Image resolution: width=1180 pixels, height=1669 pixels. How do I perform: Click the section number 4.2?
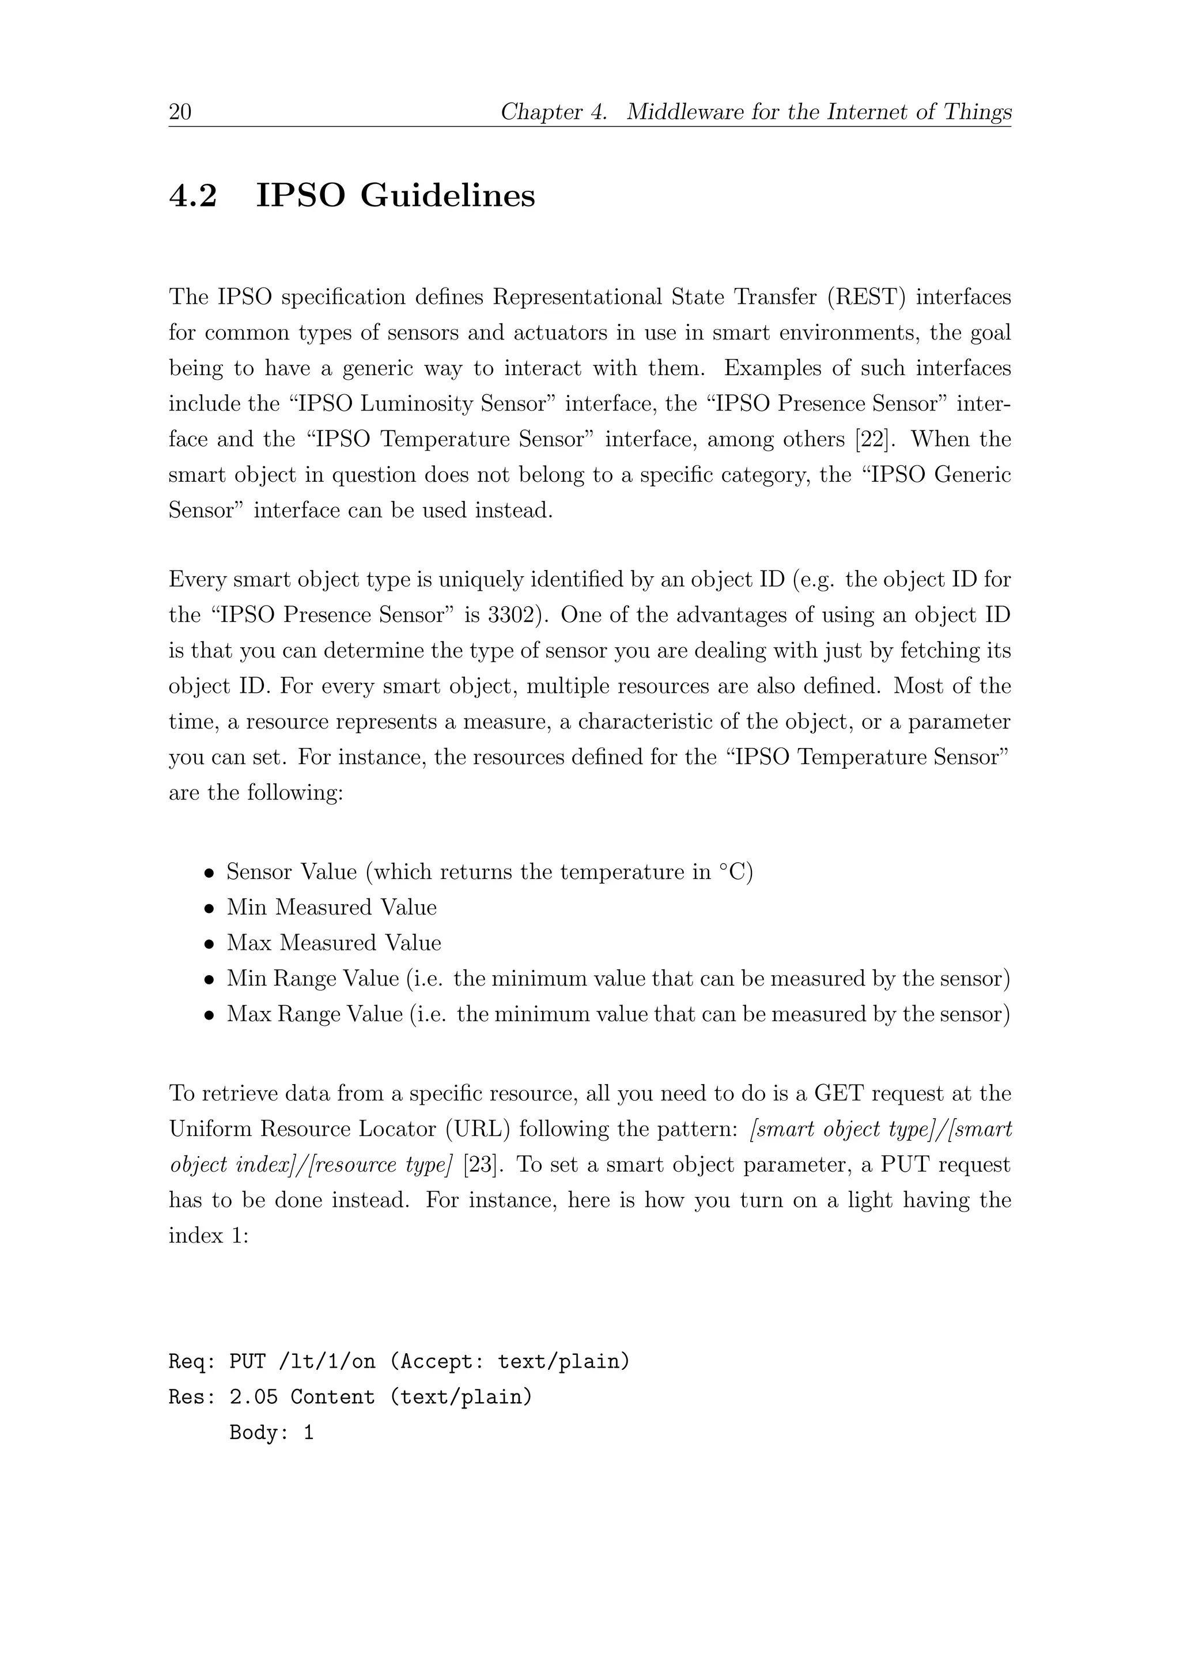point(192,197)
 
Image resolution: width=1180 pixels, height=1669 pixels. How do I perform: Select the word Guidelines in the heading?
point(448,197)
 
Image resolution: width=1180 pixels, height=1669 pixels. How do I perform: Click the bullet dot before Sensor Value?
point(209,873)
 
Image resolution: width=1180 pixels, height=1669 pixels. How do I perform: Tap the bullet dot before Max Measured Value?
point(209,944)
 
